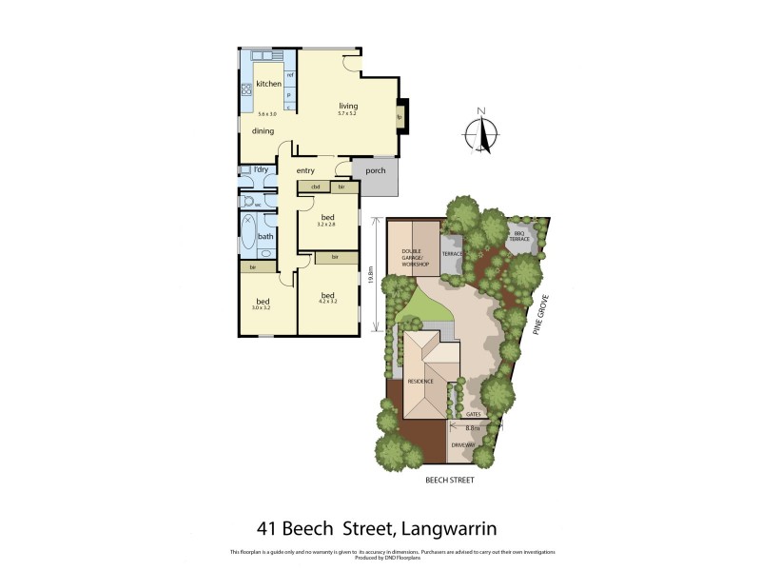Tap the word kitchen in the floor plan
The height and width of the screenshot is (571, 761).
pyautogui.click(x=268, y=84)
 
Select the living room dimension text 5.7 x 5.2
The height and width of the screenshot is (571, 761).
pyautogui.click(x=348, y=114)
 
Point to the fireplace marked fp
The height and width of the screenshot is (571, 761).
pyautogui.click(x=400, y=117)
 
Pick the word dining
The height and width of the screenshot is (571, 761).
pyautogui.click(x=263, y=131)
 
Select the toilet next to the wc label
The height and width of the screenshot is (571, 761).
pyautogui.click(x=248, y=203)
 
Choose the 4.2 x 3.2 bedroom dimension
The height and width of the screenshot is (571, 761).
pyautogui.click(x=327, y=304)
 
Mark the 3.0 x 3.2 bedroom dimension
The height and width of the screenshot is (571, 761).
pyautogui.click(x=262, y=308)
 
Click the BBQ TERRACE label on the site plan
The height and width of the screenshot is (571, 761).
pyautogui.click(x=519, y=236)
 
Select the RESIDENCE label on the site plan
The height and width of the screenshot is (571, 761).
pyautogui.click(x=420, y=382)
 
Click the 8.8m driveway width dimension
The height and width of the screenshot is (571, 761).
pyautogui.click(x=473, y=429)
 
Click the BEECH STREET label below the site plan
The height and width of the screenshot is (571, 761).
pyautogui.click(x=450, y=481)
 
